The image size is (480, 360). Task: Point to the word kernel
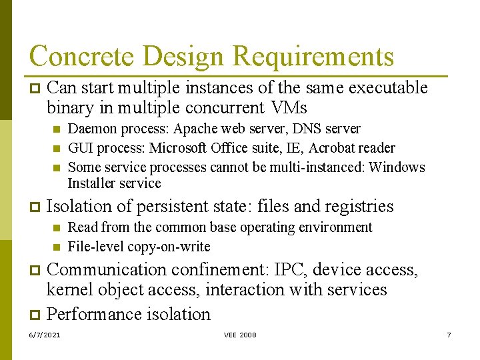coord(69,290)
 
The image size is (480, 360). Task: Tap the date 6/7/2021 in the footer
coord(45,335)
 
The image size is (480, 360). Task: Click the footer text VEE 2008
coord(240,335)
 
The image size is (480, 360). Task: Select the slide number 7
coord(449,335)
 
